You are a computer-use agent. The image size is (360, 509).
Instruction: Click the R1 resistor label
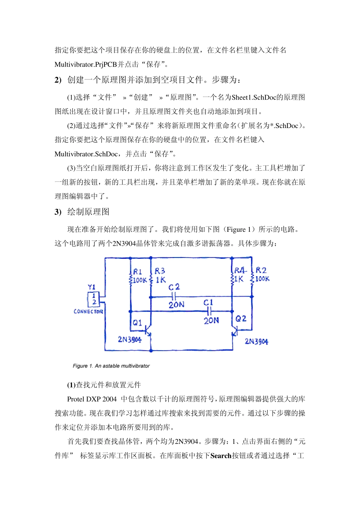point(138,272)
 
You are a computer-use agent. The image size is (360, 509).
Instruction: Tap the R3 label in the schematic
point(160,271)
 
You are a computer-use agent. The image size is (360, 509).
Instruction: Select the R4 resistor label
point(240,270)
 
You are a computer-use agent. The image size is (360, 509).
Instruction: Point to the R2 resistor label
point(261,270)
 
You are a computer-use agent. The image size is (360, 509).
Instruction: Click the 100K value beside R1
point(139,280)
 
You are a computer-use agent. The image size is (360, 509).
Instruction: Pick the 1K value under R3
point(161,280)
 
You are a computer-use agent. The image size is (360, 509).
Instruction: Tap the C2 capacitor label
point(174,287)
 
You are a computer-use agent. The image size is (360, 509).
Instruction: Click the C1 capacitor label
point(208,303)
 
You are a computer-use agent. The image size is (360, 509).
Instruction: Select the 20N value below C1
point(211,320)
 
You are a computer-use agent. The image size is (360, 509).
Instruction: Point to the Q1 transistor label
point(137,323)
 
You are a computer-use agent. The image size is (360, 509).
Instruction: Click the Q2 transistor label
point(241,319)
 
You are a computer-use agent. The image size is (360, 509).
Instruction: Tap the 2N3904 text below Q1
point(130,339)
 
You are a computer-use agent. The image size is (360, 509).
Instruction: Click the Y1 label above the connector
point(92,287)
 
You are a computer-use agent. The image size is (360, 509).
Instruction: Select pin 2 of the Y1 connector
point(94,302)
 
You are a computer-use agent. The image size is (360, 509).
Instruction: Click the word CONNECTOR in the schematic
point(88,311)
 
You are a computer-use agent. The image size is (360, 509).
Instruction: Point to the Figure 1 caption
point(111,366)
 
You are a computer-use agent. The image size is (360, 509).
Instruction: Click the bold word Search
point(221,456)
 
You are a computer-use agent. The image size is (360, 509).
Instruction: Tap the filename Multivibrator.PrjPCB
point(86,64)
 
